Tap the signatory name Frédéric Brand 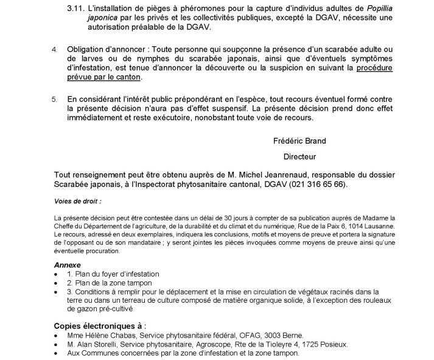299,141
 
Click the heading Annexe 67,266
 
